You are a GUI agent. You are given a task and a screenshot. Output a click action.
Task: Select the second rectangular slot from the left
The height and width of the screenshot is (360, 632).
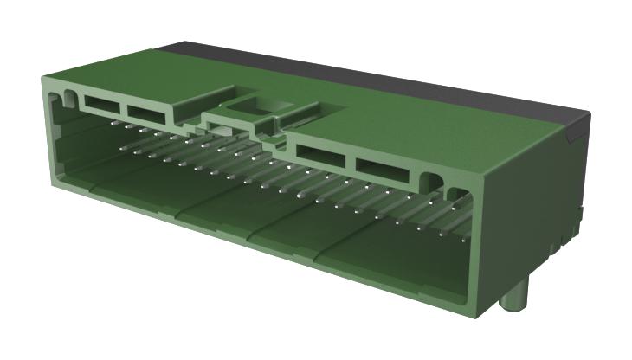point(149,112)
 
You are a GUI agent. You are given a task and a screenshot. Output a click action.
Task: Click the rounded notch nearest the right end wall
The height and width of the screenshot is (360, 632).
point(454,191)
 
